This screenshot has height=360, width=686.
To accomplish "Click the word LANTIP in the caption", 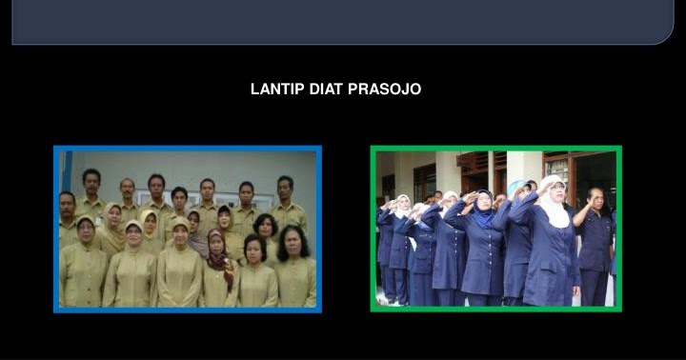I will point(277,90).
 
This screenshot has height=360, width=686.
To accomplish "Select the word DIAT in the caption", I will point(327,90).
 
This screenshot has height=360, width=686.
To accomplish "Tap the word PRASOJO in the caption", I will point(385,90).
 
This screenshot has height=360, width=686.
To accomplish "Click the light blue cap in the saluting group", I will point(516,186).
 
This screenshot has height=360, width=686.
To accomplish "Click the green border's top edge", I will point(495,149).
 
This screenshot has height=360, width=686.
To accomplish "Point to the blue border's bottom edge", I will point(188,310).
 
